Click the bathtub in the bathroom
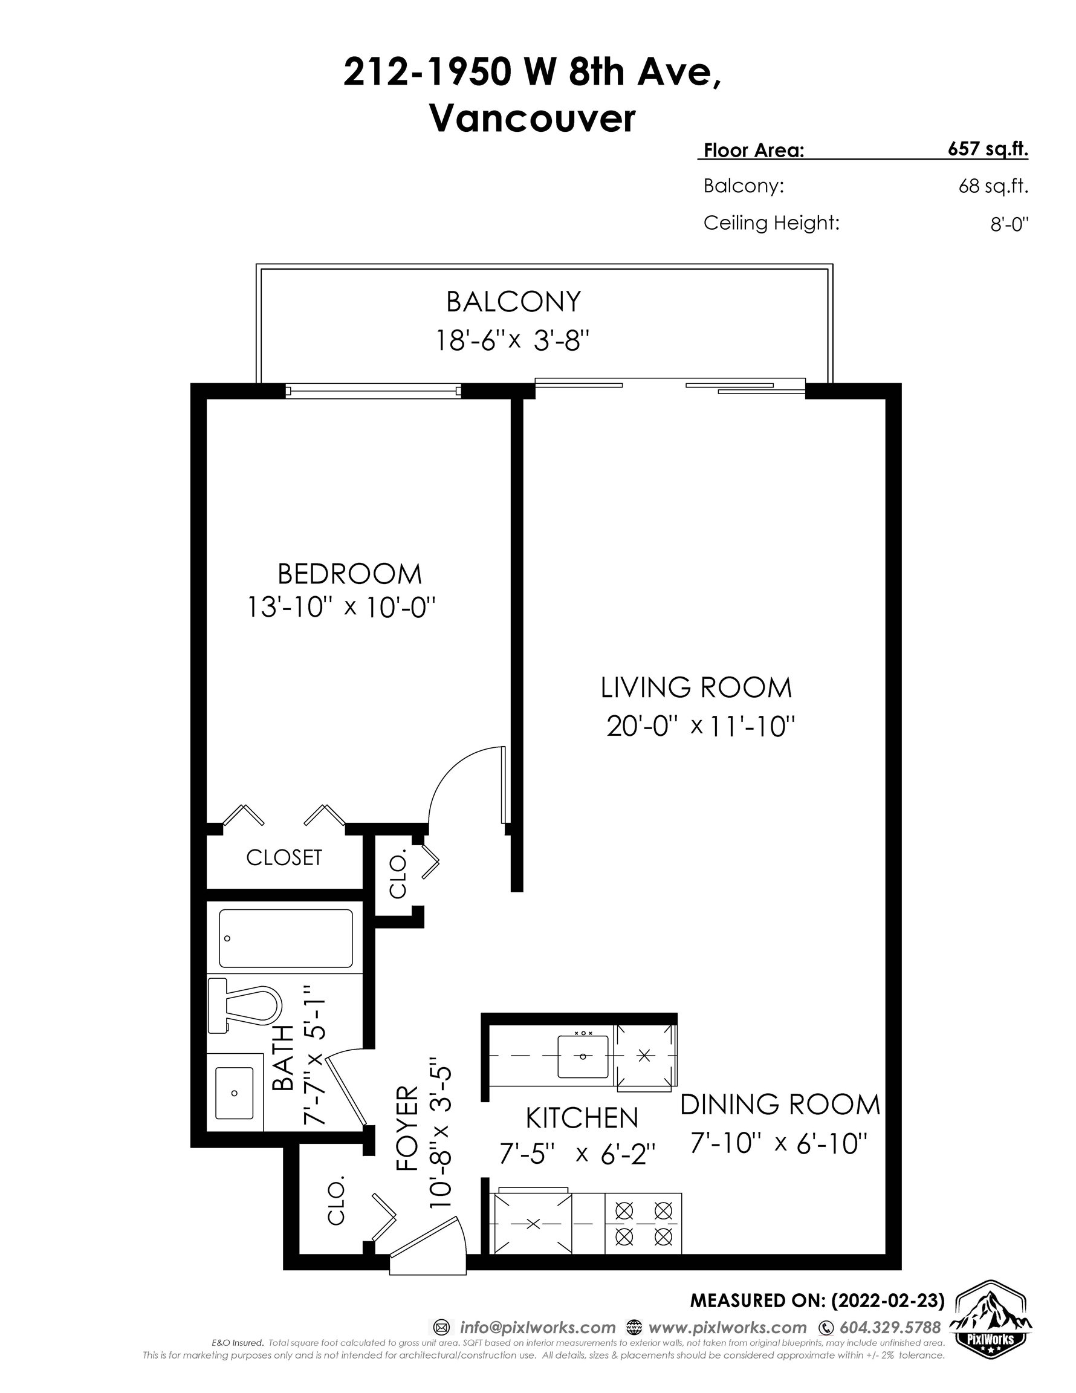[x=285, y=938]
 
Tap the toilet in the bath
[x=245, y=1006]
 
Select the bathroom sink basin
[x=234, y=1093]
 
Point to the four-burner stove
[x=643, y=1229]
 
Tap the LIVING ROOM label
[x=696, y=687]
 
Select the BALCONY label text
[x=513, y=302]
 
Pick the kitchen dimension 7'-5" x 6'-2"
[x=577, y=1154]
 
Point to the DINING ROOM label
[x=780, y=1105]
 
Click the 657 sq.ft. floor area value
[x=988, y=149]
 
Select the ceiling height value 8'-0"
[x=1010, y=224]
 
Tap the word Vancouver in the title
[x=533, y=118]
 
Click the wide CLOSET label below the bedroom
[x=284, y=857]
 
